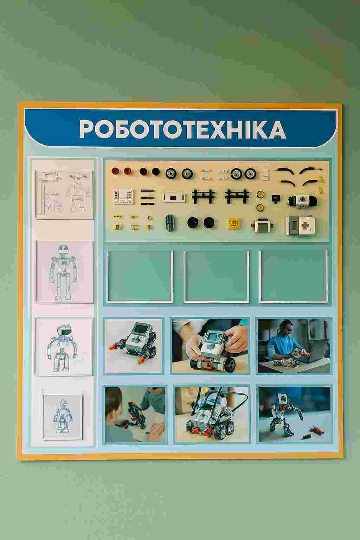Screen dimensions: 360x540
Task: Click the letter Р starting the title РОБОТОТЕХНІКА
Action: click(87, 129)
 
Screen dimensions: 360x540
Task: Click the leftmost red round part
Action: click(115, 171)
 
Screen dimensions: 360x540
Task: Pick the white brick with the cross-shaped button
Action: click(301, 225)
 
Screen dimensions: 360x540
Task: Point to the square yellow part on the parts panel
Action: click(234, 223)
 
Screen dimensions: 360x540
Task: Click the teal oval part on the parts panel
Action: click(171, 222)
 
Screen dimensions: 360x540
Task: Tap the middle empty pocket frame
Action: click(217, 277)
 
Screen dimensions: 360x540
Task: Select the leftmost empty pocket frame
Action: click(140, 277)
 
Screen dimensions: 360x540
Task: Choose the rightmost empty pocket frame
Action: click(294, 277)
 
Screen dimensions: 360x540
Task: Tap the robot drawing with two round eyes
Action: click(63, 272)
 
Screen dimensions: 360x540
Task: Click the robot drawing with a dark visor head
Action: click(62, 348)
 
